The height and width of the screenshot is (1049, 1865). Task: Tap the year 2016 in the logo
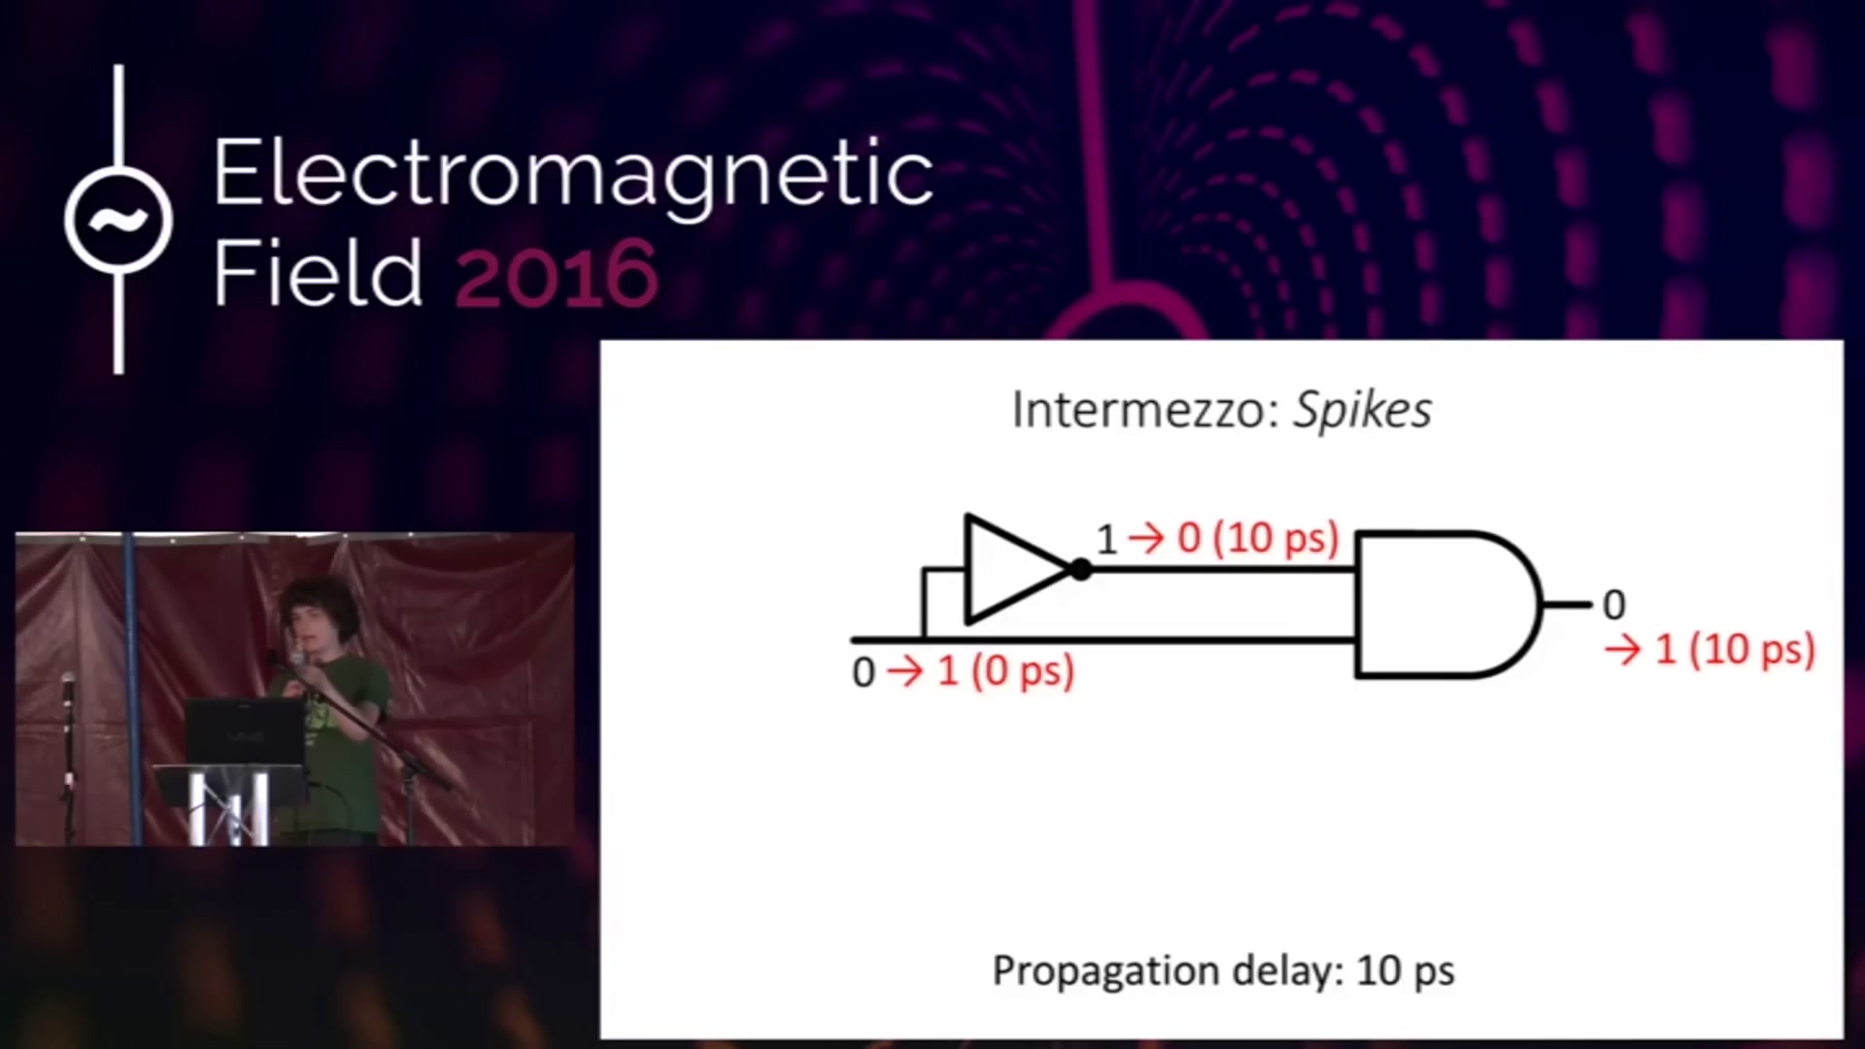pyautogui.click(x=557, y=274)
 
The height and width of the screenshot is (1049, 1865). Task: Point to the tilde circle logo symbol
pyautogui.click(x=119, y=220)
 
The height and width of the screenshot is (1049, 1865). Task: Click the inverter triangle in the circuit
pyautogui.click(x=1017, y=569)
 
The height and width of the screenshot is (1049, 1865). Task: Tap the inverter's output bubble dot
pyautogui.click(x=1080, y=570)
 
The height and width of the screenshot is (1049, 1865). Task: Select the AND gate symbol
pyautogui.click(x=1447, y=604)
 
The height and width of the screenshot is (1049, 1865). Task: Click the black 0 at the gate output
pyautogui.click(x=1613, y=605)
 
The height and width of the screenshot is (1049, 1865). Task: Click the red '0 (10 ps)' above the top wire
pyautogui.click(x=1258, y=538)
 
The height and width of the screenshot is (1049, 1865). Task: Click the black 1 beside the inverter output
pyautogui.click(x=1106, y=539)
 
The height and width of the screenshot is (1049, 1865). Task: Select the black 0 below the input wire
pyautogui.click(x=864, y=673)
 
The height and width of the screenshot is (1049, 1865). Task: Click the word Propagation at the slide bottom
pyautogui.click(x=1105, y=971)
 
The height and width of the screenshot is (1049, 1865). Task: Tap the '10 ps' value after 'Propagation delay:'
pyautogui.click(x=1406, y=970)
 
